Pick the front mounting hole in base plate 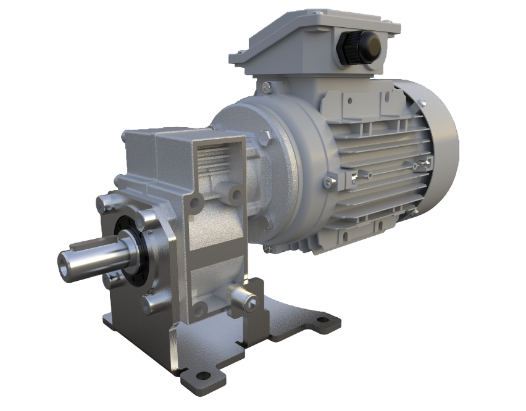pos(201,373)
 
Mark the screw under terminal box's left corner pos(266,86)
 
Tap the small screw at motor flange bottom pos(267,249)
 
